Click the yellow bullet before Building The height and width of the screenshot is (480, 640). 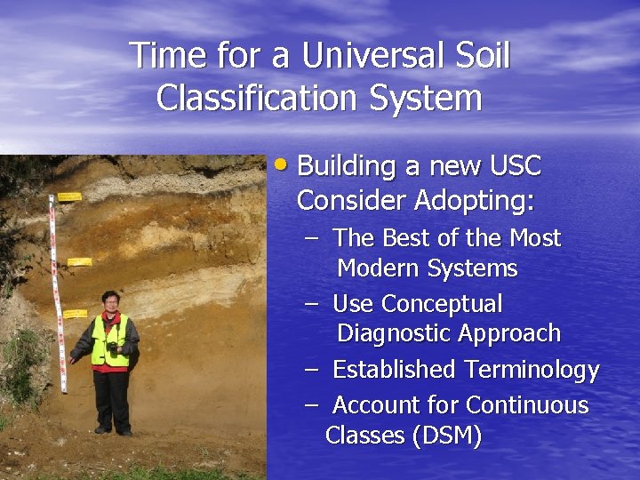tap(282, 164)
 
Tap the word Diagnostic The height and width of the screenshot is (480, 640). tap(396, 334)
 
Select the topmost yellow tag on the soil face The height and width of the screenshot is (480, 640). tap(69, 196)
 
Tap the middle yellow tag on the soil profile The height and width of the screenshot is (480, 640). tap(80, 261)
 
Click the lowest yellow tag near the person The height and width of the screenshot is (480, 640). tap(75, 314)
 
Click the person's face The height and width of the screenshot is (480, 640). tap(110, 303)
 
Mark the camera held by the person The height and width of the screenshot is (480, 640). tap(113, 349)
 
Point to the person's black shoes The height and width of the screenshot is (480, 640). tap(114, 430)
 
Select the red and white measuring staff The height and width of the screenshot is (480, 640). tap(58, 293)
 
